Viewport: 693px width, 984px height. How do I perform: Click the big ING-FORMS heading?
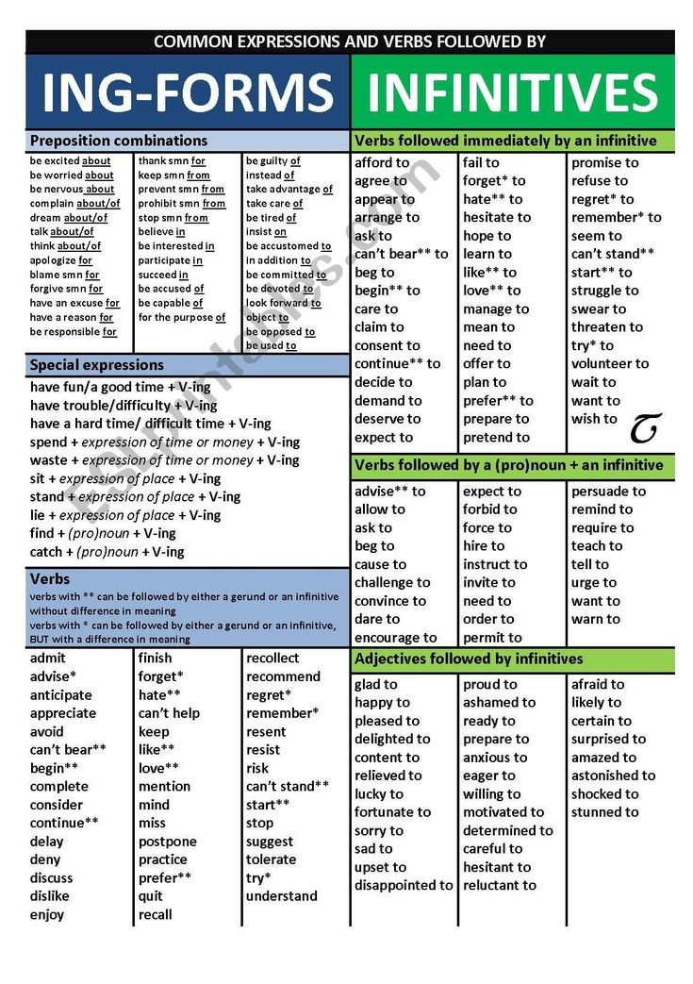(188, 92)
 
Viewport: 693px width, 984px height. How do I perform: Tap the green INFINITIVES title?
(512, 92)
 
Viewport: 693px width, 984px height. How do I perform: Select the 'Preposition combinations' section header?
(119, 141)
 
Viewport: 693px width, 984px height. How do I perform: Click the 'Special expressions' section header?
(97, 364)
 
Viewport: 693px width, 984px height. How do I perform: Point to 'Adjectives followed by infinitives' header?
(469, 659)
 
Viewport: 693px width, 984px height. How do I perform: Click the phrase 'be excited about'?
(71, 161)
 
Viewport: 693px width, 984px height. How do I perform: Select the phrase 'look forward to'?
(283, 303)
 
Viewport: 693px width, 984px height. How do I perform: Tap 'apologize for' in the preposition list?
(61, 259)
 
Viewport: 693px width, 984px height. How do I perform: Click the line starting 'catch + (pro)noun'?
(107, 552)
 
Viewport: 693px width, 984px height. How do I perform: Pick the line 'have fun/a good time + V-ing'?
(122, 387)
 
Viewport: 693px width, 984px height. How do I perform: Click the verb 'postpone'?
(168, 842)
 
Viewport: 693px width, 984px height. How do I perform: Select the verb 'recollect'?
(272, 658)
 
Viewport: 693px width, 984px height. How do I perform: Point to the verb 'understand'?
(282, 896)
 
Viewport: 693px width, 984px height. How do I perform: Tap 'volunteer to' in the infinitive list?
(610, 363)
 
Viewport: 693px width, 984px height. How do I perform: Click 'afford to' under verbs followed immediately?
(382, 162)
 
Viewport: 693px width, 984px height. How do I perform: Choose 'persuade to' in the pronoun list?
(608, 491)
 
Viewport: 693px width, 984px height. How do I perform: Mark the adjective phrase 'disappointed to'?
(404, 885)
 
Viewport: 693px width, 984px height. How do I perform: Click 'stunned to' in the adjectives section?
(604, 812)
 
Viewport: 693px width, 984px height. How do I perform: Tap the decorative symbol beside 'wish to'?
(644, 428)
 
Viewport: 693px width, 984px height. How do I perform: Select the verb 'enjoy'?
(47, 914)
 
